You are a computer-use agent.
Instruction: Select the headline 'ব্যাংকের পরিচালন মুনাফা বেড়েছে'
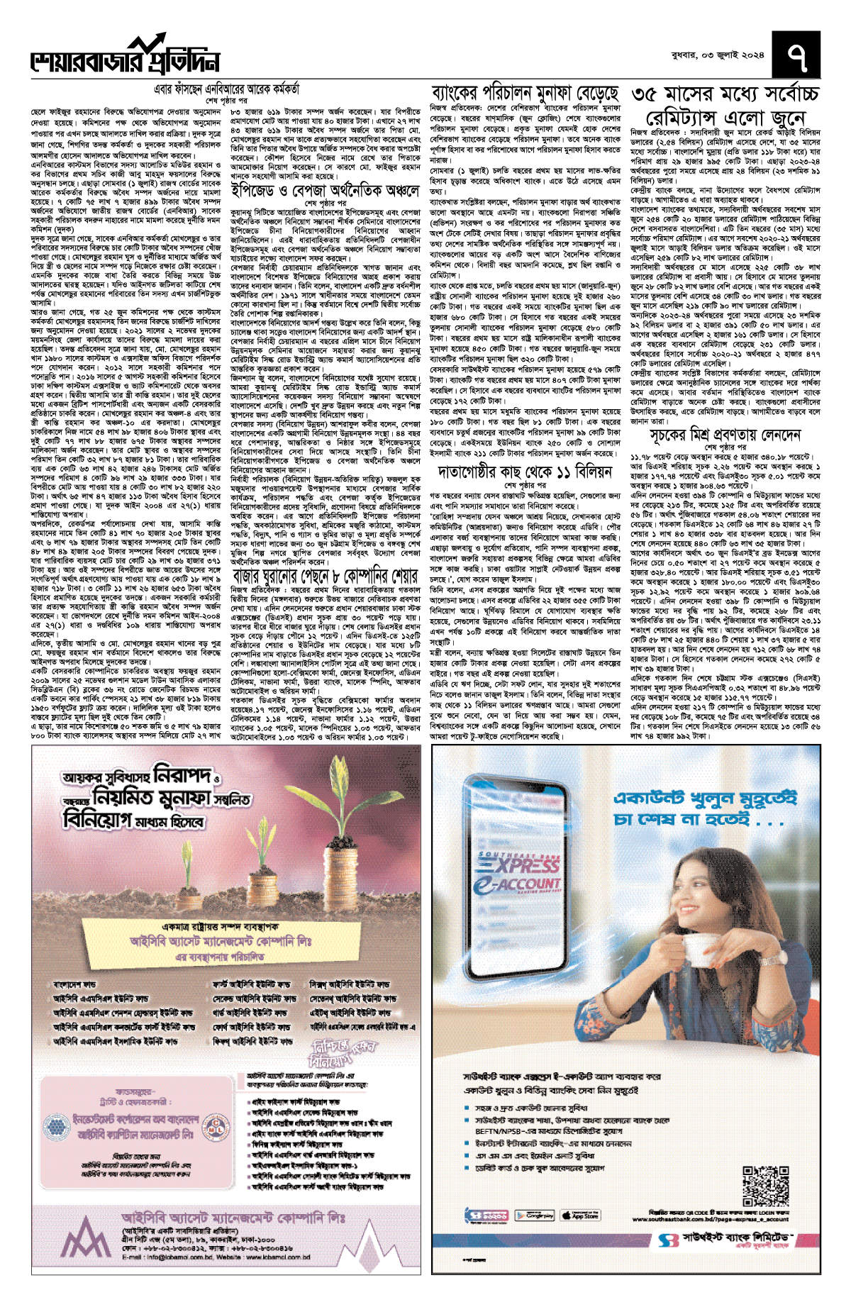click(x=525, y=94)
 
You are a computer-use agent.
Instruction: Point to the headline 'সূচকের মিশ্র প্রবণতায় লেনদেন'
click(x=725, y=434)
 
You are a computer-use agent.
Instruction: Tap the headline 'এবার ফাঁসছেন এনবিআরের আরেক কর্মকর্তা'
click(x=227, y=90)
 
